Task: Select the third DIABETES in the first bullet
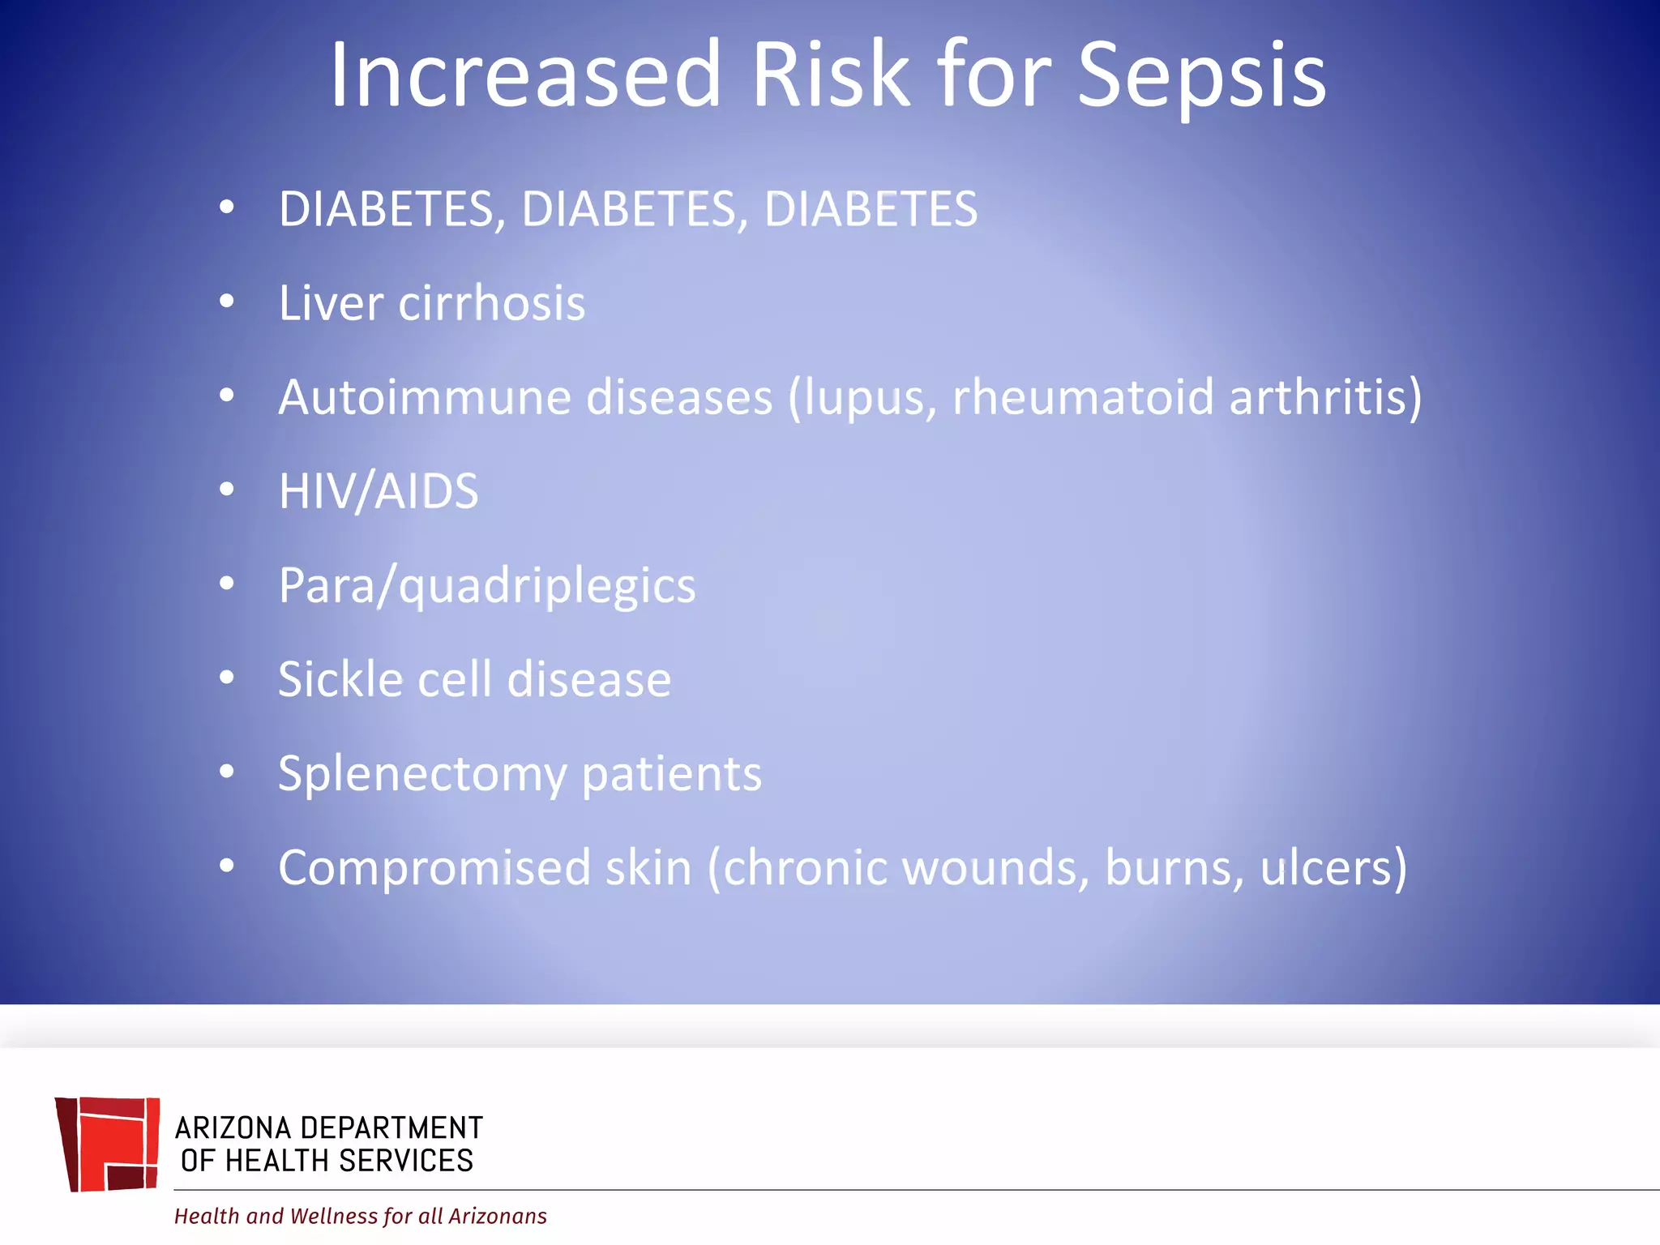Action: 871,209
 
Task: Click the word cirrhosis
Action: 492,303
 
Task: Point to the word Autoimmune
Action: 425,397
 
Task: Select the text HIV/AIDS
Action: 379,491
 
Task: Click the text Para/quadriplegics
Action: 486,586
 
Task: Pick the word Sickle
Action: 340,679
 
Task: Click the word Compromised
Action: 434,868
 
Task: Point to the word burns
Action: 1174,868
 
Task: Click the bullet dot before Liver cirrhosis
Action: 227,302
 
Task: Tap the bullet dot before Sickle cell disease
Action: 227,678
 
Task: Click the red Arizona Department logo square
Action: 108,1144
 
